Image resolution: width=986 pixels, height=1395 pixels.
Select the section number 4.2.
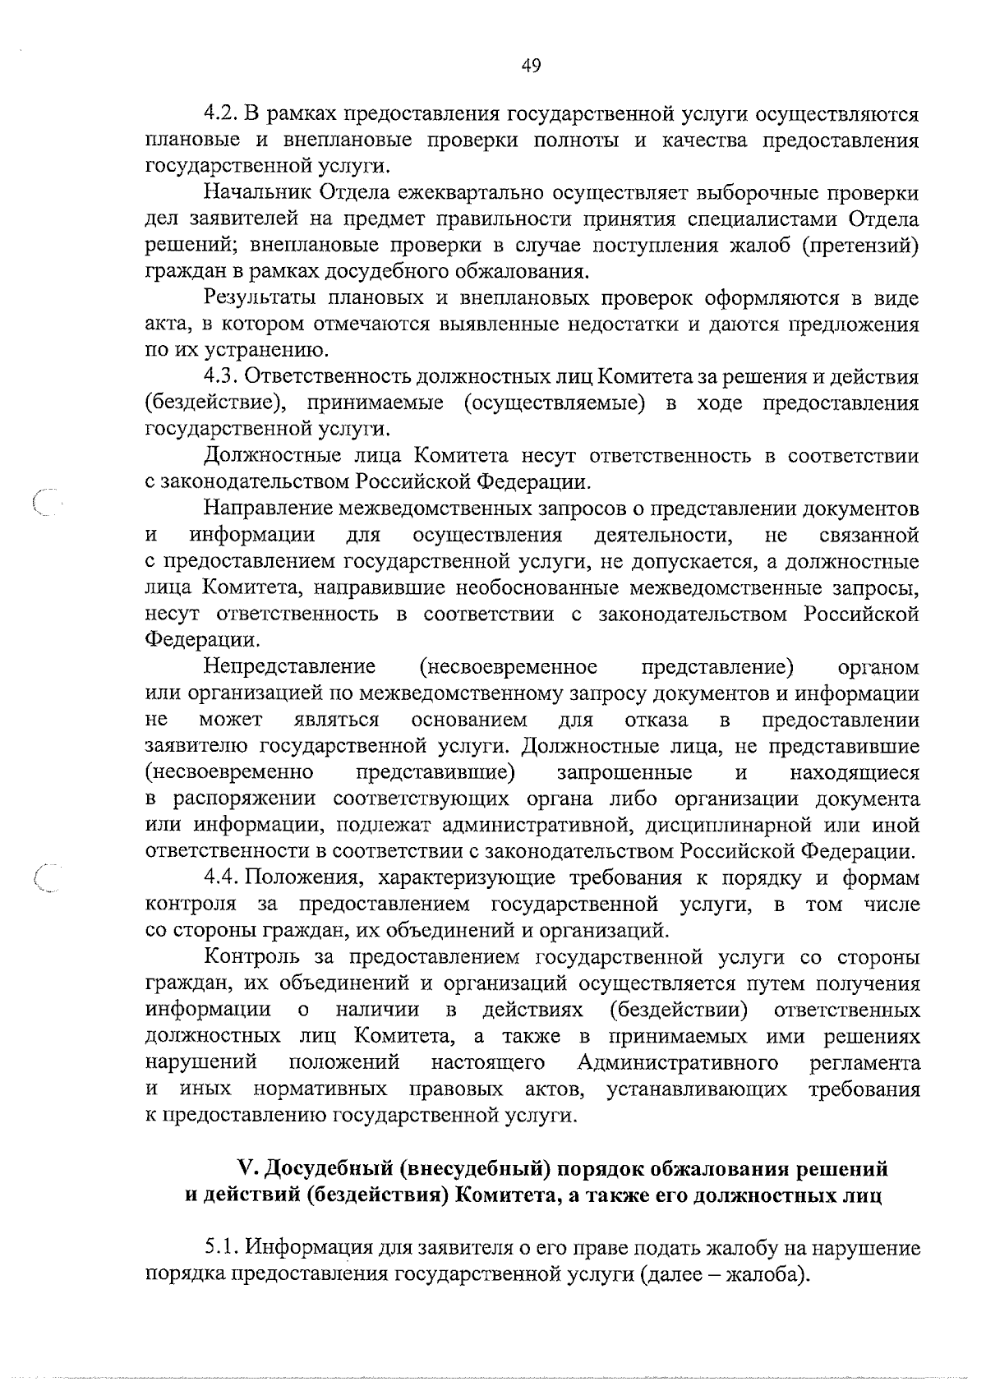(x=221, y=115)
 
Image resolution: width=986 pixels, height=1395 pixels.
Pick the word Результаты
(x=260, y=298)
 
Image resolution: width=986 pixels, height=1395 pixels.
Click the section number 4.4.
(x=221, y=877)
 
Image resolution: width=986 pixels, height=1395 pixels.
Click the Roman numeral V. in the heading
(x=244, y=1168)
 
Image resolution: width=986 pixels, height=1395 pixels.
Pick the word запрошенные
(x=624, y=772)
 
